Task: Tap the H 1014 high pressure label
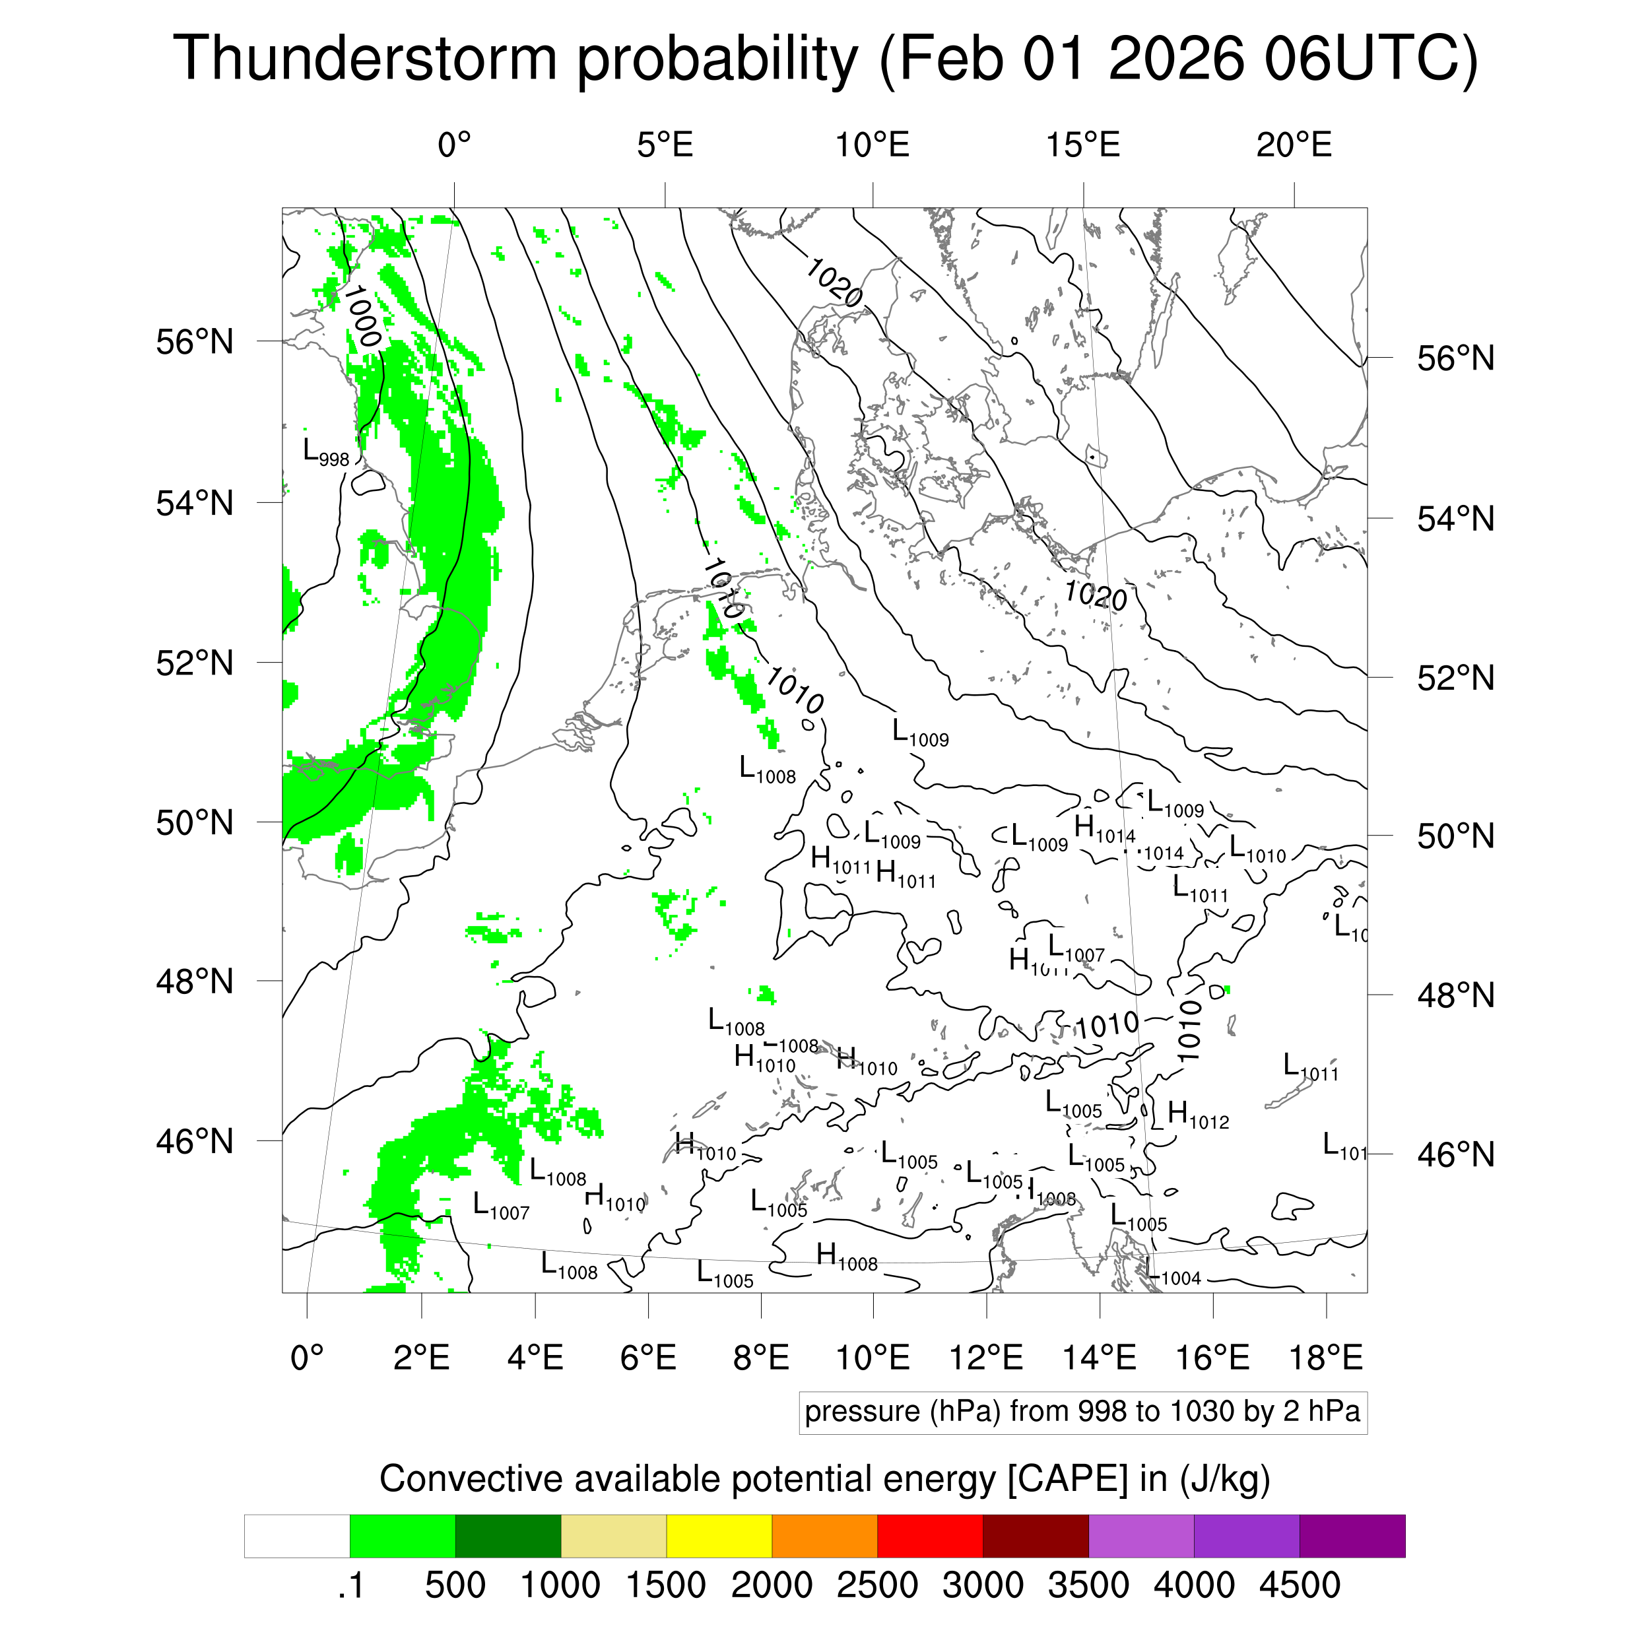click(x=1104, y=830)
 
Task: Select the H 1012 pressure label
click(x=1197, y=1115)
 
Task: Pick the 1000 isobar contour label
click(x=362, y=316)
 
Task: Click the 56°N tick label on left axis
click(x=195, y=342)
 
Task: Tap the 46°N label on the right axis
click(x=1455, y=1154)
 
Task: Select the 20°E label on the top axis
click(x=1293, y=145)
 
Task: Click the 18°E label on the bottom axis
click(x=1325, y=1357)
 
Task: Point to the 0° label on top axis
click(x=453, y=145)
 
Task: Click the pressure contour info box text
click(x=1082, y=1411)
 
